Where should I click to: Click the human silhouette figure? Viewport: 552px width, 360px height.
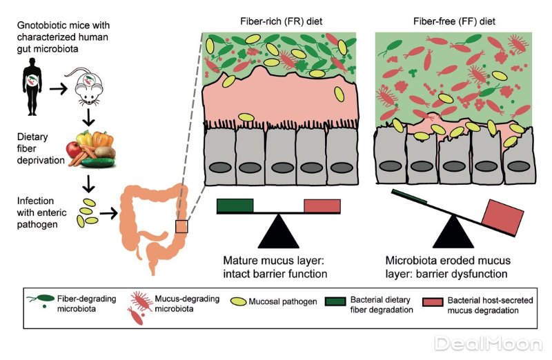click(x=32, y=87)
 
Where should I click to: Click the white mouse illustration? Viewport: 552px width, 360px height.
click(x=87, y=86)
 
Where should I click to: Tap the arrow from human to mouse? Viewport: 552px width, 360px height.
click(x=58, y=89)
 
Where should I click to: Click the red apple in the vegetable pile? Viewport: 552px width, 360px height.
click(x=74, y=149)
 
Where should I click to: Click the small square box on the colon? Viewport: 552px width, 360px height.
click(x=181, y=227)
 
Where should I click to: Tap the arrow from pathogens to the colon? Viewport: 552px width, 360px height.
click(x=108, y=213)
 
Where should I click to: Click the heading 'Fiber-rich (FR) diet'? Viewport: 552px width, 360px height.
click(x=281, y=21)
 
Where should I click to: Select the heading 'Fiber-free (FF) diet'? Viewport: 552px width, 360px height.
click(x=454, y=21)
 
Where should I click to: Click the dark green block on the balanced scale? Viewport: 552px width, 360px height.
click(x=235, y=206)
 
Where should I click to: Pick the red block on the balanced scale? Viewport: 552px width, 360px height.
click(x=322, y=206)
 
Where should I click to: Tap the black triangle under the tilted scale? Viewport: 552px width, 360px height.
click(x=453, y=233)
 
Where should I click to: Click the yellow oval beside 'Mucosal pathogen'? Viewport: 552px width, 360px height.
click(x=238, y=301)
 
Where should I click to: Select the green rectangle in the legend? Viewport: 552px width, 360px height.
click(x=335, y=301)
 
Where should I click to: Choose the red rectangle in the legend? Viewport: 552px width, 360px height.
click(x=433, y=301)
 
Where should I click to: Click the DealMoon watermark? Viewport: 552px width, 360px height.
click(x=489, y=344)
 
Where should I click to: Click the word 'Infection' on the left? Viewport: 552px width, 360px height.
click(x=36, y=201)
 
